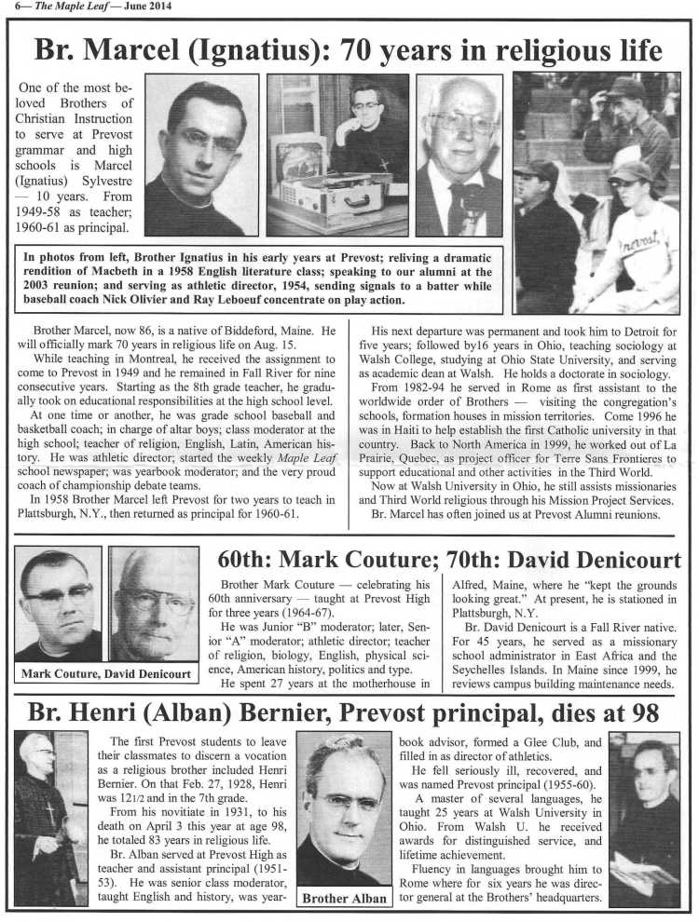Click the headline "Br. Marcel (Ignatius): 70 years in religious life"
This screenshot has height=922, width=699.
coord(348,49)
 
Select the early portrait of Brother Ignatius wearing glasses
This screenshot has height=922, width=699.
coord(201,155)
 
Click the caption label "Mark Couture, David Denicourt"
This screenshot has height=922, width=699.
coord(107,673)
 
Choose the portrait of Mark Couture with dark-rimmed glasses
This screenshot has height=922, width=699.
coord(57,603)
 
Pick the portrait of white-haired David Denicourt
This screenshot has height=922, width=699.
coord(152,603)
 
